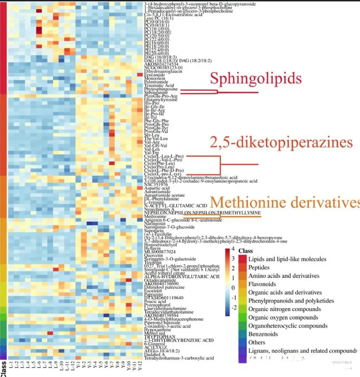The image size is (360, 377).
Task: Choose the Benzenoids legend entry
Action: point(261,334)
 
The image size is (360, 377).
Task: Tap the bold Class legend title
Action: point(246,251)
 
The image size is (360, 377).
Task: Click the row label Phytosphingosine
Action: point(161,89)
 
